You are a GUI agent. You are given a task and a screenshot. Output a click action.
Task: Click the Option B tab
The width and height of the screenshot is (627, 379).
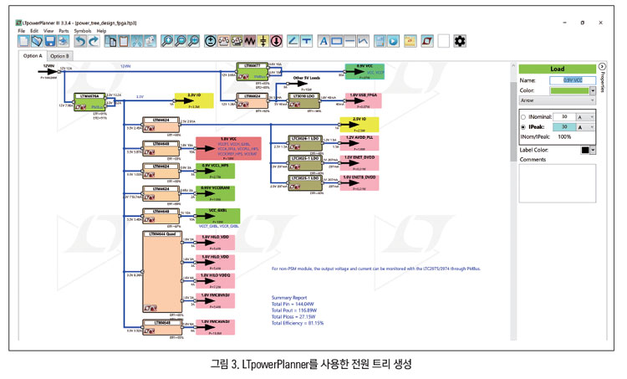point(59,56)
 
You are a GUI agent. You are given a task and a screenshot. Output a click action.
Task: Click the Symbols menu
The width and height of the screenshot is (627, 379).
point(83,31)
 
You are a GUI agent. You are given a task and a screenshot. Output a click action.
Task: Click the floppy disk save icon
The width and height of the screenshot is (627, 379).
point(39,41)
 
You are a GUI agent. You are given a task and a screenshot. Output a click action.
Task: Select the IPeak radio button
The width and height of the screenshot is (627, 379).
point(523,127)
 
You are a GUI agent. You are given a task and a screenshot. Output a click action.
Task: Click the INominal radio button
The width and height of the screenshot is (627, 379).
point(523,117)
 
